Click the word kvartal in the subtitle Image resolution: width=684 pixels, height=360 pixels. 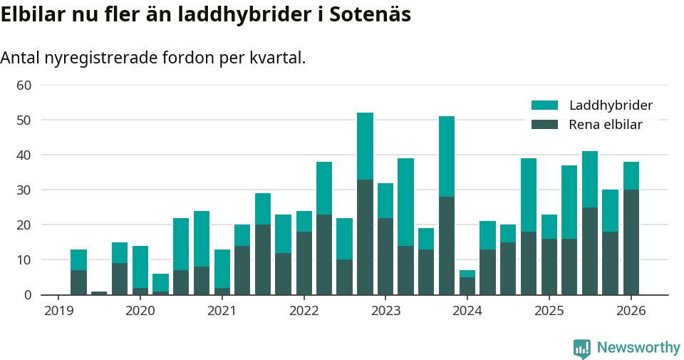click(276, 58)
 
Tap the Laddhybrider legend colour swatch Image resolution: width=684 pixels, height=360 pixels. click(544, 106)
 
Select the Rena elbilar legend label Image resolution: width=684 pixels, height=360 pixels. click(606, 125)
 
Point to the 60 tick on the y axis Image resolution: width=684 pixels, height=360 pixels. click(24, 86)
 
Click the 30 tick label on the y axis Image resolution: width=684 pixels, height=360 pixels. click(24, 190)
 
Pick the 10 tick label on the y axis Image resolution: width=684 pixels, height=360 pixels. click(24, 260)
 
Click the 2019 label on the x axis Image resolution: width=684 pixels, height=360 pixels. click(58, 311)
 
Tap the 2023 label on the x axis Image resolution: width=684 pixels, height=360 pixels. click(385, 311)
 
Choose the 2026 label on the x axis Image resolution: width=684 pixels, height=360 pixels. click(631, 311)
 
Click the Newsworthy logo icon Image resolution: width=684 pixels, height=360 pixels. click(582, 348)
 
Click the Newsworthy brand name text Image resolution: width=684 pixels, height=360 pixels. click(638, 348)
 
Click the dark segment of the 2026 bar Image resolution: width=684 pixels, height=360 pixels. click(631, 242)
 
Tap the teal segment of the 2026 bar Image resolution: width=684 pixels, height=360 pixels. click(631, 176)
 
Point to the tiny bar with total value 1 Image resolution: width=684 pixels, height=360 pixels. click(99, 293)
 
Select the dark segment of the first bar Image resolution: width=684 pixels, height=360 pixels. click(78, 282)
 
